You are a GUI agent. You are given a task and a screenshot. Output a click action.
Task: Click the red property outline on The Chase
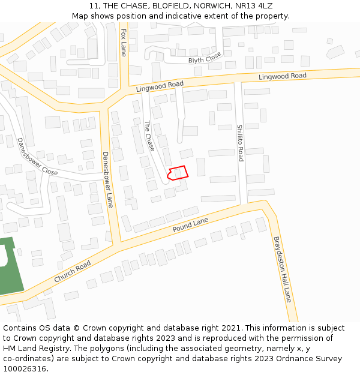pos(178,173)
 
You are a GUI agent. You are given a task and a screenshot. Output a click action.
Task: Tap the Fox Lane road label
pos(124,42)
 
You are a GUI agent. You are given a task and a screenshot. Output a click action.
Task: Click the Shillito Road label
pos(239,143)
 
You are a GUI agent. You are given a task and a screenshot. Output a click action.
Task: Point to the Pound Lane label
pos(190,226)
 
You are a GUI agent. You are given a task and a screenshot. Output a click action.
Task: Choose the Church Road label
pos(72,272)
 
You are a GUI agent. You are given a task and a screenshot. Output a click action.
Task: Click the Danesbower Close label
pos(37,157)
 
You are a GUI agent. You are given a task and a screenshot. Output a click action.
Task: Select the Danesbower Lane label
pos(107,179)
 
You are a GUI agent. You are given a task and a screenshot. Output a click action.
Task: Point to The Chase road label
pos(149,136)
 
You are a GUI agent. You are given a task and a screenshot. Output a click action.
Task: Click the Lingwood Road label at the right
pos(282,76)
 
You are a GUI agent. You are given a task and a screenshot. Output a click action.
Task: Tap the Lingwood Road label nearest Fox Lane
pos(160,86)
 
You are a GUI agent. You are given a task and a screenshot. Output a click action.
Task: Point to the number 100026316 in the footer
pos(25,369)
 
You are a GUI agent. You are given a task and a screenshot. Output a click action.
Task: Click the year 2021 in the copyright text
pos(230,328)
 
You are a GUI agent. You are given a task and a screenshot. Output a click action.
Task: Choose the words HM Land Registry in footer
pos(35,349)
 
